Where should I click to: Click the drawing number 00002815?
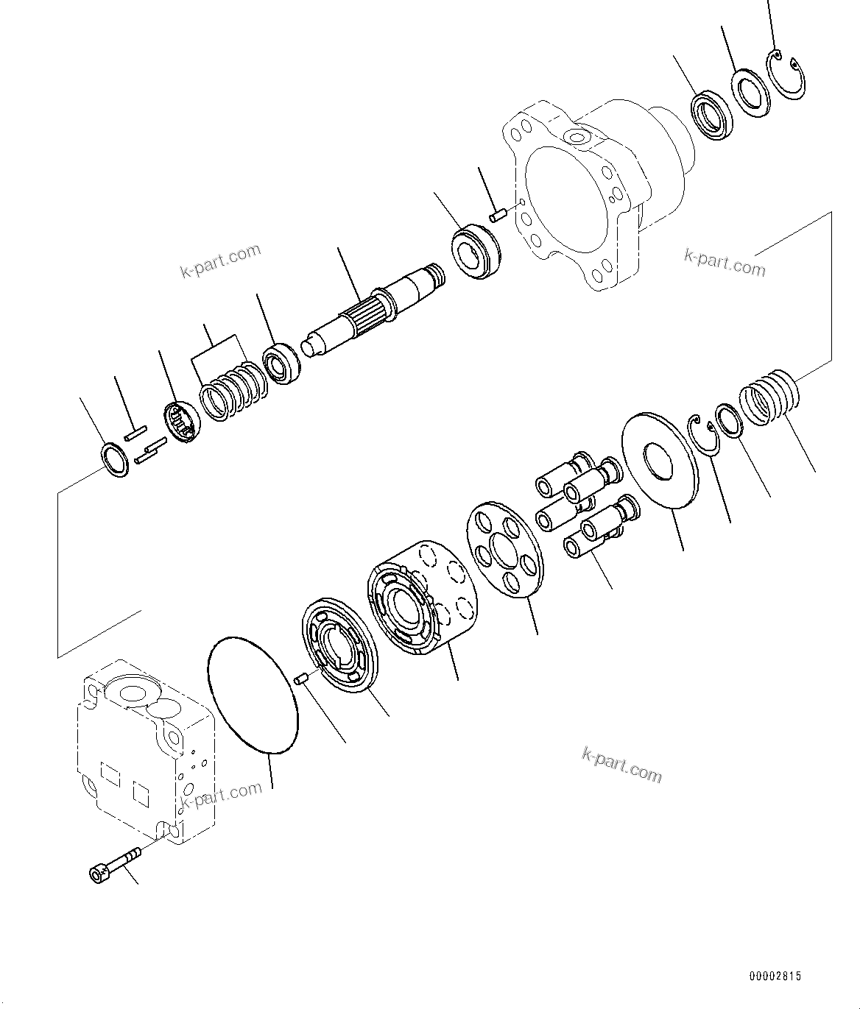[x=775, y=977]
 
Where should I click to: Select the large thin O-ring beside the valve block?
[x=253, y=695]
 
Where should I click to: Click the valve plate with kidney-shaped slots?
[x=340, y=646]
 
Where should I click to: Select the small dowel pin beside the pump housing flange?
[x=497, y=215]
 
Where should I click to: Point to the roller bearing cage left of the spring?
[x=181, y=423]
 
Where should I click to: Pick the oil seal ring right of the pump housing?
[x=711, y=115]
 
